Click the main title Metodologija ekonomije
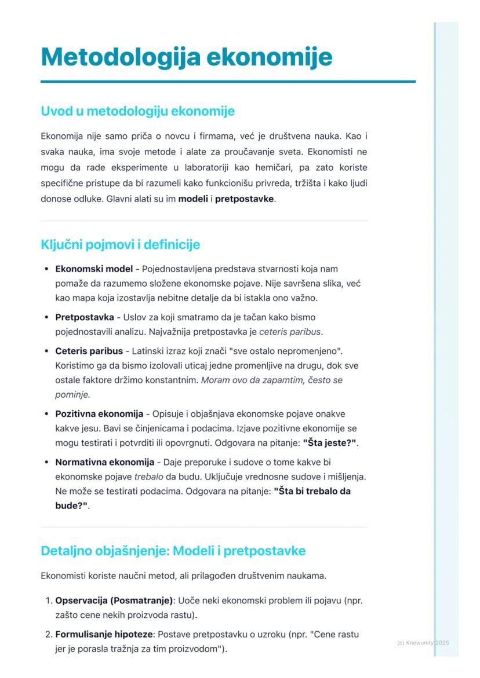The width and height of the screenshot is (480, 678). point(187,57)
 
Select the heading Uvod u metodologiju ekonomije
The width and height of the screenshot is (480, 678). point(137,111)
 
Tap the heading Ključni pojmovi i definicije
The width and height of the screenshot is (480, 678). point(120,244)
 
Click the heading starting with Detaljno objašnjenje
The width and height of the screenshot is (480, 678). point(173,551)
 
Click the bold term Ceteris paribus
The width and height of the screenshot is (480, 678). point(89,351)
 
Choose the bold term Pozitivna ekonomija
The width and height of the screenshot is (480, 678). point(99,414)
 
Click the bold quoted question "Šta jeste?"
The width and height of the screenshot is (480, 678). point(329,443)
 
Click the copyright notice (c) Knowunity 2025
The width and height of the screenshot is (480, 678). point(423,643)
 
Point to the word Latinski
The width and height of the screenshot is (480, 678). point(149,351)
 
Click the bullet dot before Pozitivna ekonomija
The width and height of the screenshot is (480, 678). point(46,415)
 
